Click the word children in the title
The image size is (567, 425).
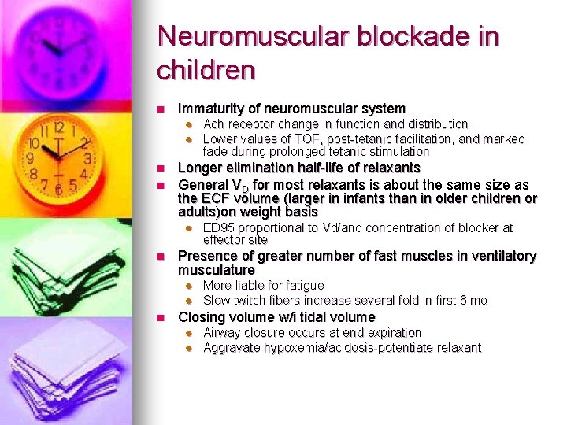206,70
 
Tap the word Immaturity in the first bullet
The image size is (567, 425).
210,109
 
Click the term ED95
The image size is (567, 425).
221,227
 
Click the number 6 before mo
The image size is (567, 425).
463,301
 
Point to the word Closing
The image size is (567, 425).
201,317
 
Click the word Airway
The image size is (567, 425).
223,332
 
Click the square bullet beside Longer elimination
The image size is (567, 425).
160,168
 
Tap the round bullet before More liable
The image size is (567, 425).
189,286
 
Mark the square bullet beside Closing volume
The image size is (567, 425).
160,317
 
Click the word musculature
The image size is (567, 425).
217,270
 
